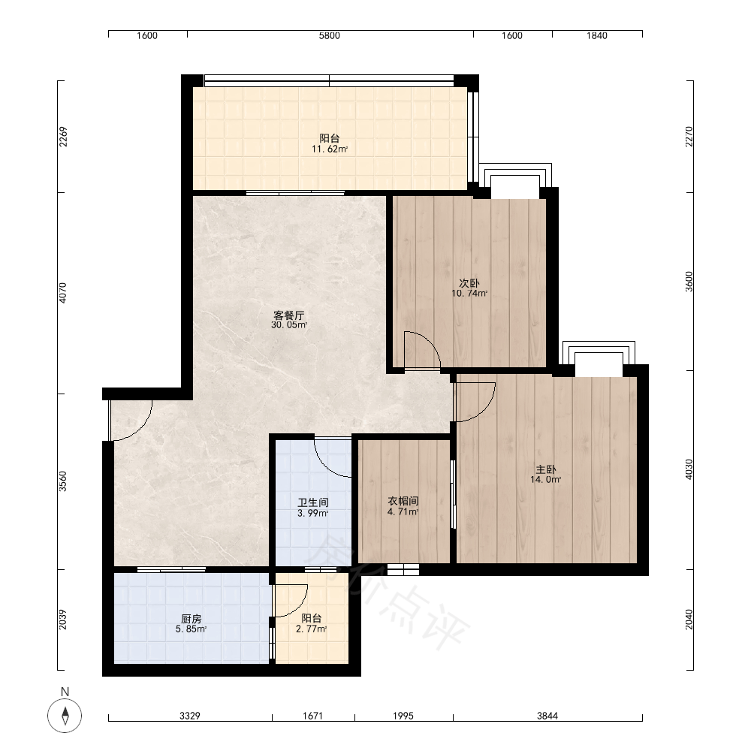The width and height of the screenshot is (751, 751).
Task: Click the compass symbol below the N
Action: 65,716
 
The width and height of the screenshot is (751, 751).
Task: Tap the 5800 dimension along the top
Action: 330,36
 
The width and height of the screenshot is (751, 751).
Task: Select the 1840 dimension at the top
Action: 597,36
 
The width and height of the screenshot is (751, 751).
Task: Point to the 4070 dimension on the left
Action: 63,293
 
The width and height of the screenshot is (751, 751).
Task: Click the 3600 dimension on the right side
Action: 689,282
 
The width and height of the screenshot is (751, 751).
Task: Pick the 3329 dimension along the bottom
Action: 190,716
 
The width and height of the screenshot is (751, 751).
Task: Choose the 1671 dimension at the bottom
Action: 312,716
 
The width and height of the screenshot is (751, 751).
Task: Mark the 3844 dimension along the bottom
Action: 547,716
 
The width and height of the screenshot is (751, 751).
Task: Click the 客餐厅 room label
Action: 289,315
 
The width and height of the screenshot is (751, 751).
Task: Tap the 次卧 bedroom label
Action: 469,284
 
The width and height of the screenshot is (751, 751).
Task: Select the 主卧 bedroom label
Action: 546,469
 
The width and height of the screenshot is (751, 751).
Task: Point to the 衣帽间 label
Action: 403,501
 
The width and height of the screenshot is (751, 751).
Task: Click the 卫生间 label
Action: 312,503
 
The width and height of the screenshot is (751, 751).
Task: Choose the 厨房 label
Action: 191,619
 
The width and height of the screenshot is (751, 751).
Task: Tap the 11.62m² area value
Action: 330,149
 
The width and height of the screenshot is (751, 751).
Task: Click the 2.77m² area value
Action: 312,629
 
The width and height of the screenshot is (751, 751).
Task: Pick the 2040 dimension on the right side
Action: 689,620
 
